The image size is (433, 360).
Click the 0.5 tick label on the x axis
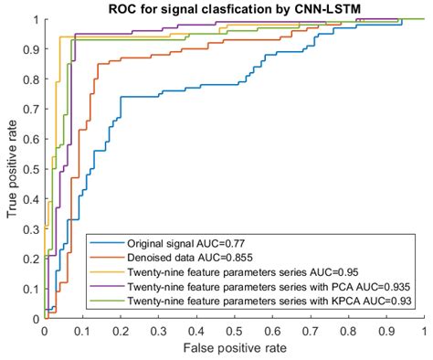234,331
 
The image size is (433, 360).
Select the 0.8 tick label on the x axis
348,331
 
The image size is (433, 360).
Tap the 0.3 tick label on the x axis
158,331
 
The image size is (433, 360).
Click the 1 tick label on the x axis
424,331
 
